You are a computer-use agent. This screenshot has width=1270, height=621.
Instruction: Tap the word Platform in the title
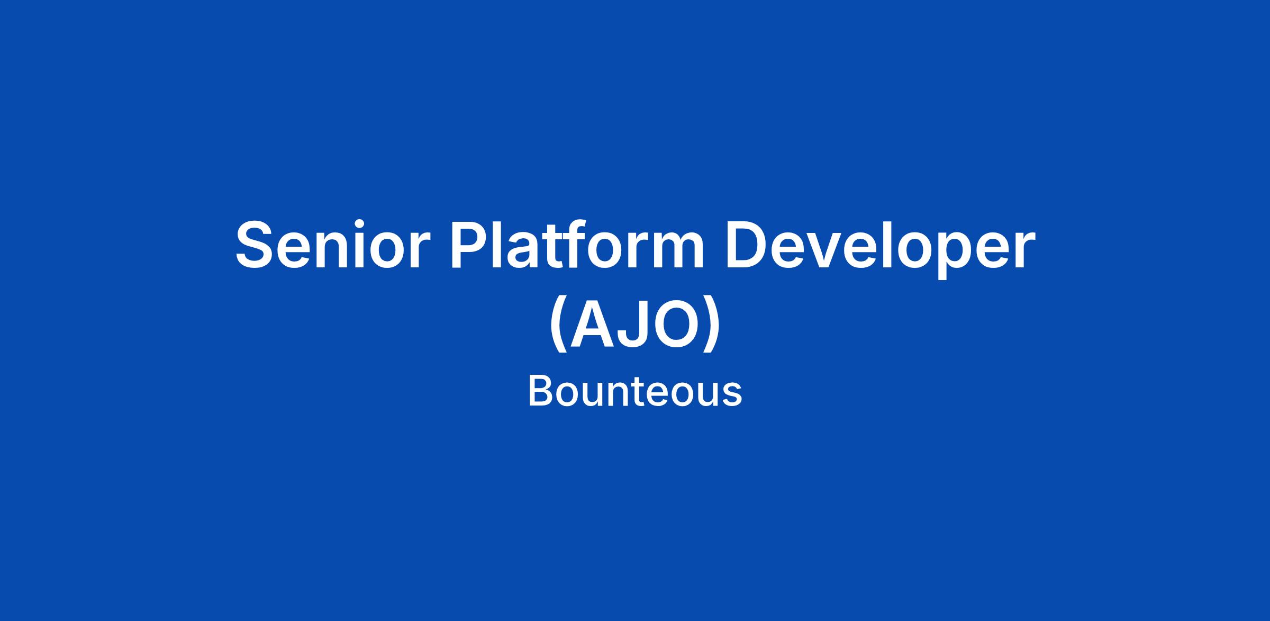(577, 245)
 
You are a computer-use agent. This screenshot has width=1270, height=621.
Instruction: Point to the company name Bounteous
(635, 392)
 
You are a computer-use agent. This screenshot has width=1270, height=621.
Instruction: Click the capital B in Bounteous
(540, 392)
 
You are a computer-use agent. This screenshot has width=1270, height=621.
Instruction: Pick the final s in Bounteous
(732, 397)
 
